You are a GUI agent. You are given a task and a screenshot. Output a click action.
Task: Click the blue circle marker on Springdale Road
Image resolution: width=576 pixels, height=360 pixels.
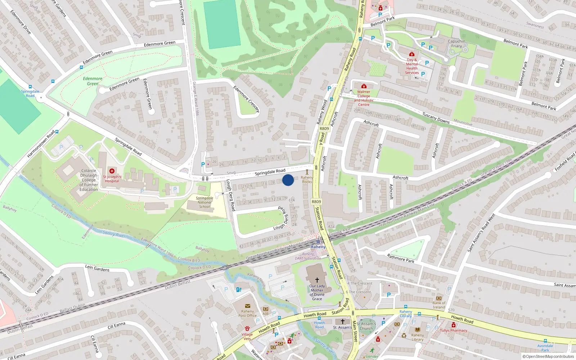tap(288, 180)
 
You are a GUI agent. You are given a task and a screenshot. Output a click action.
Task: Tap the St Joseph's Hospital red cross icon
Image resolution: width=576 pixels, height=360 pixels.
tap(112, 171)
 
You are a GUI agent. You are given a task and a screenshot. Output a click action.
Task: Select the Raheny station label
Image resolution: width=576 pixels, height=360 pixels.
tap(318, 247)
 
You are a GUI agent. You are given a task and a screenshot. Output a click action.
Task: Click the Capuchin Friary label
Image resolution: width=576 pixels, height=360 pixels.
tap(456, 44)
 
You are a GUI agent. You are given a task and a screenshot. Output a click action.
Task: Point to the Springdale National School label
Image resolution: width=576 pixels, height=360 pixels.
tap(204, 202)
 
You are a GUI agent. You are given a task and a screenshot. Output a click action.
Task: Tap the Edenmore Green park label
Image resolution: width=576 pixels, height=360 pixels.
tap(93, 81)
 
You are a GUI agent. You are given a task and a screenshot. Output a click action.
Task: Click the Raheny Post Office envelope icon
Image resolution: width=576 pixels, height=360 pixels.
tap(247, 306)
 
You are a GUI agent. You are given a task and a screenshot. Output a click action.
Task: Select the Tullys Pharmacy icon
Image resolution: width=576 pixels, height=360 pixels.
tap(454, 325)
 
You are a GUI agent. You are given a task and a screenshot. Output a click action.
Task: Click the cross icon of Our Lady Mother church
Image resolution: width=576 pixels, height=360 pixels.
tap(317, 280)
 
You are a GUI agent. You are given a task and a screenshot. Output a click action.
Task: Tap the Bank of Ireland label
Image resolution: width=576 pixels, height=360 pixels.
tap(439, 305)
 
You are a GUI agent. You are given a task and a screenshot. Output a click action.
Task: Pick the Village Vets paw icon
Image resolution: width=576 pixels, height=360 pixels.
tap(247, 329)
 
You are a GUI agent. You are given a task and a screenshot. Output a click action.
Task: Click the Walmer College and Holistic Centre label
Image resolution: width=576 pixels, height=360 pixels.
tap(364, 98)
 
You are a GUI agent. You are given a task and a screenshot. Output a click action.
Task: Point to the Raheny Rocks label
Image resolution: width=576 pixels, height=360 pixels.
tap(307, 179)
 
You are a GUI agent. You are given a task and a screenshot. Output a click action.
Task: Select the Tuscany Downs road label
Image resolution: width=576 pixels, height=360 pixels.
tap(436, 118)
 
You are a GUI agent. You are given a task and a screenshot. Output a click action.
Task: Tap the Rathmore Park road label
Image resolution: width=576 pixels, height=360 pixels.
tap(400, 258)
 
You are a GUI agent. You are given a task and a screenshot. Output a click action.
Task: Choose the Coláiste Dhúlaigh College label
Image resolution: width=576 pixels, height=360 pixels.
tap(89, 180)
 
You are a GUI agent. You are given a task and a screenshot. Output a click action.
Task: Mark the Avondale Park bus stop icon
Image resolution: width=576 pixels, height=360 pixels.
tap(545, 341)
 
